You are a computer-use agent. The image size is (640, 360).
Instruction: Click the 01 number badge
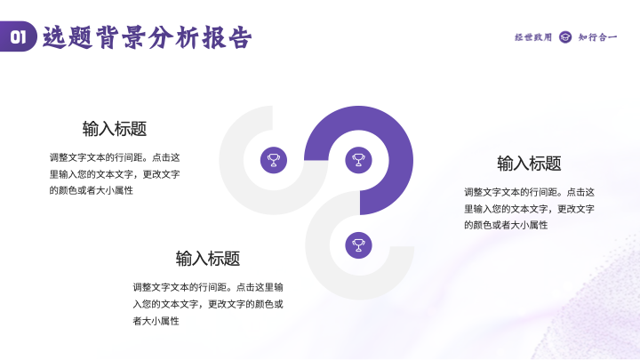pyautogui.click(x=19, y=36)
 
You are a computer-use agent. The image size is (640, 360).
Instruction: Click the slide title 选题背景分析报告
pyautogui.click(x=147, y=37)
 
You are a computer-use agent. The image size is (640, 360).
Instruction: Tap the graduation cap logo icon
pyautogui.click(x=565, y=37)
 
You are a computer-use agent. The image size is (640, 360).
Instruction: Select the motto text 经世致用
pyautogui.click(x=533, y=37)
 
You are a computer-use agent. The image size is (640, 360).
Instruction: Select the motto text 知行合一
pyautogui.click(x=597, y=37)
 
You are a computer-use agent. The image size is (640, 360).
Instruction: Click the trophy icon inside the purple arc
pyautogui.click(x=358, y=160)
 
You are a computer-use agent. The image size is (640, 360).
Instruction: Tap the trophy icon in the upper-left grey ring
pyautogui.click(x=274, y=160)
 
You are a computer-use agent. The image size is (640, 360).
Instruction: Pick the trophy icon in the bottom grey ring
pyautogui.click(x=358, y=245)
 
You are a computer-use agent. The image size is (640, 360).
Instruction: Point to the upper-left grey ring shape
pyautogui.click(x=231, y=160)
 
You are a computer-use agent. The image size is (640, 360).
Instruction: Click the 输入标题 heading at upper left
pyautogui.click(x=115, y=129)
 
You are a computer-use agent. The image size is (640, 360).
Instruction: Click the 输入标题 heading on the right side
pyautogui.click(x=529, y=164)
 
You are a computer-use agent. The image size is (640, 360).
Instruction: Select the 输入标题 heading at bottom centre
pyautogui.click(x=208, y=259)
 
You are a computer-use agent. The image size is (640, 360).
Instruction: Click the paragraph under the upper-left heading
pyautogui.click(x=115, y=174)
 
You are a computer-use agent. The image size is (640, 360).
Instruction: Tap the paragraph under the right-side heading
pyautogui.click(x=529, y=209)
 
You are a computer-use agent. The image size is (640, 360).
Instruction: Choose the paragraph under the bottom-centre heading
pyautogui.click(x=208, y=304)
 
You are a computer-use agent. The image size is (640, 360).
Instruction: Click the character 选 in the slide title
pyautogui.click(x=55, y=37)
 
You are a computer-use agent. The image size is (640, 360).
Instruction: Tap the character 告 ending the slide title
pyautogui.click(x=240, y=37)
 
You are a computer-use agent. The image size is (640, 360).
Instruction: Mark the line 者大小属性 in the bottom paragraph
pyautogui.click(x=156, y=321)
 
